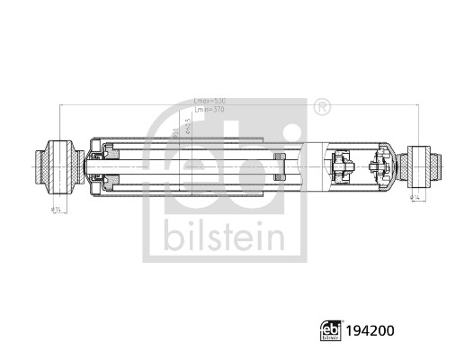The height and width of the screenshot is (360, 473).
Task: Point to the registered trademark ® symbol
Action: pos(322,107)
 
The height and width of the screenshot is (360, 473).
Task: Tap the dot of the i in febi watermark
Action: pos(289,133)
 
